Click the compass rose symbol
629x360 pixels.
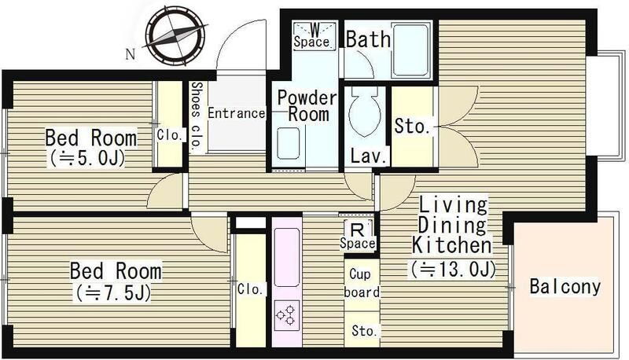(175, 37)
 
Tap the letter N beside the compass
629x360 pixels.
(131, 54)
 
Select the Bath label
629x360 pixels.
(368, 39)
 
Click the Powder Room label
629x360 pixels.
(307, 106)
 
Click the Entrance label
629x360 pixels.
(237, 113)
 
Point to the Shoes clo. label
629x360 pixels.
(196, 117)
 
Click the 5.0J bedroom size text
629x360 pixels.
(87, 159)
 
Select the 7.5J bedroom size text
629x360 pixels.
(112, 293)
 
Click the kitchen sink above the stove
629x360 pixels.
(287, 257)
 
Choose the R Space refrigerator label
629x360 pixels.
(358, 237)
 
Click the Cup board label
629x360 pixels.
(362, 284)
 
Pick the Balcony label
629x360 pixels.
(565, 286)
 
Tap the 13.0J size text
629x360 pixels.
(454, 270)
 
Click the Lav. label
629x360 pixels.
(369, 156)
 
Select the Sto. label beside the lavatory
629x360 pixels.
(412, 126)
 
